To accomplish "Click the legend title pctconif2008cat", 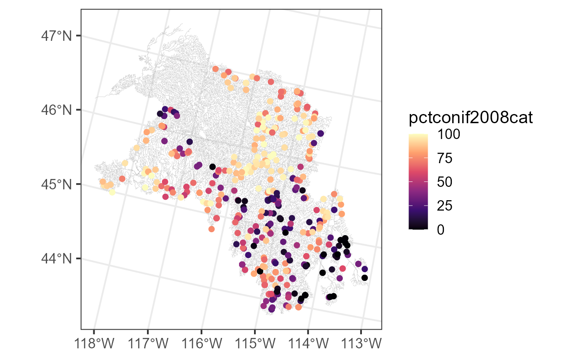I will [471, 119].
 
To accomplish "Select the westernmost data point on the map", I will [102, 181].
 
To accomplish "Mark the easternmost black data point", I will [365, 278].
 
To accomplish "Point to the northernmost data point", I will [215, 69].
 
